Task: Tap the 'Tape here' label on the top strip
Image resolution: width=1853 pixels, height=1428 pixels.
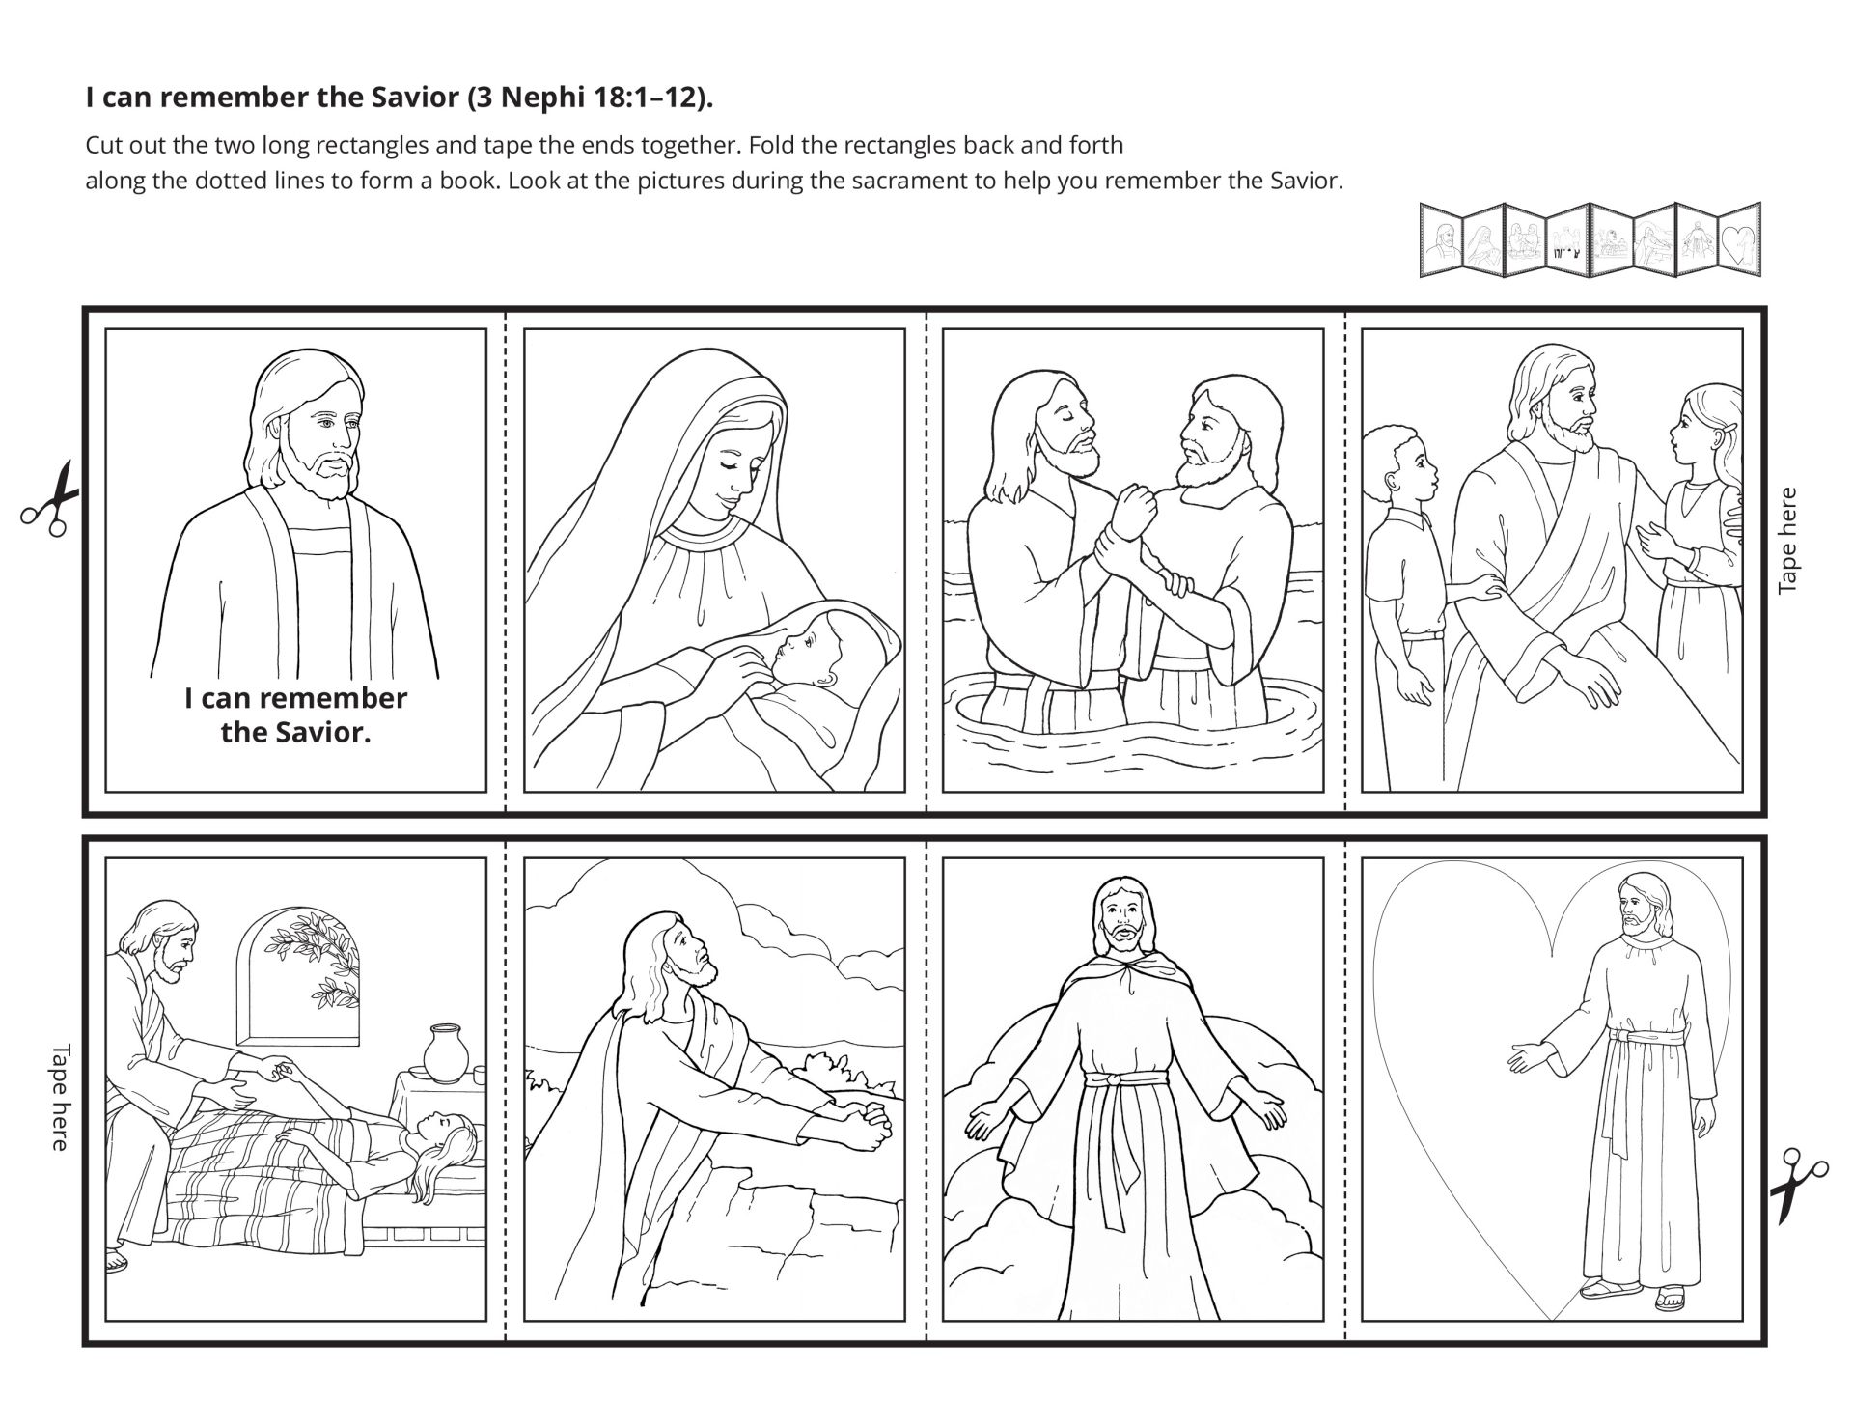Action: [x=1787, y=540]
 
